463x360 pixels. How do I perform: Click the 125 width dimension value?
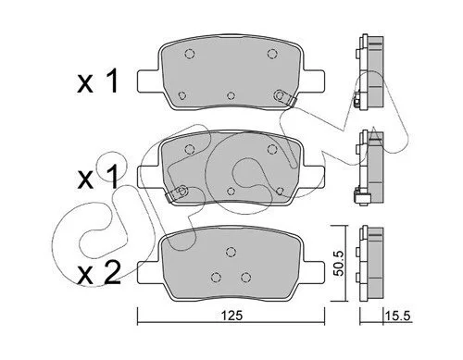[x=231, y=316]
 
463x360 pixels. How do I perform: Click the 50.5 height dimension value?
[x=340, y=263]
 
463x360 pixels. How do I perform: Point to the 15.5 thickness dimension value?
[x=397, y=316]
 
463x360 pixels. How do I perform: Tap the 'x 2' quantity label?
[x=99, y=274]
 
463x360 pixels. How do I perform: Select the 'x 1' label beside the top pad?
[x=97, y=81]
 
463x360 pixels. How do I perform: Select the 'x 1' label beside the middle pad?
[x=97, y=177]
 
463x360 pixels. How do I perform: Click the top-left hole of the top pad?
[x=189, y=54]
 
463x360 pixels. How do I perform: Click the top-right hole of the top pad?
[x=271, y=54]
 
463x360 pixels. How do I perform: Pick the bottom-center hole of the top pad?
[x=231, y=96]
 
